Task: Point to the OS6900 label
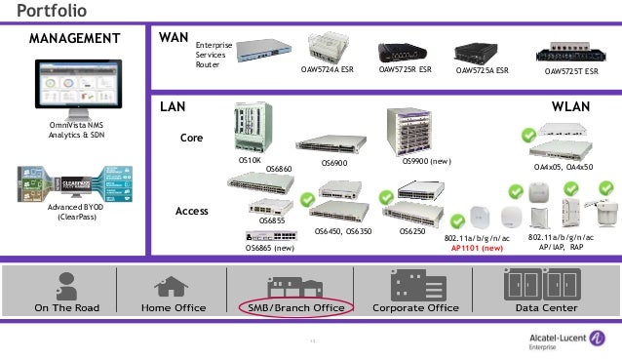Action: click(x=334, y=163)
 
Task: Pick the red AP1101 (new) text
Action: click(x=477, y=248)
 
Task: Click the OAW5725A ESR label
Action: click(x=483, y=70)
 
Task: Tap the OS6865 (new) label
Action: click(x=268, y=248)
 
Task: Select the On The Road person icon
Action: click(x=67, y=284)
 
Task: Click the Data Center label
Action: click(x=546, y=307)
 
